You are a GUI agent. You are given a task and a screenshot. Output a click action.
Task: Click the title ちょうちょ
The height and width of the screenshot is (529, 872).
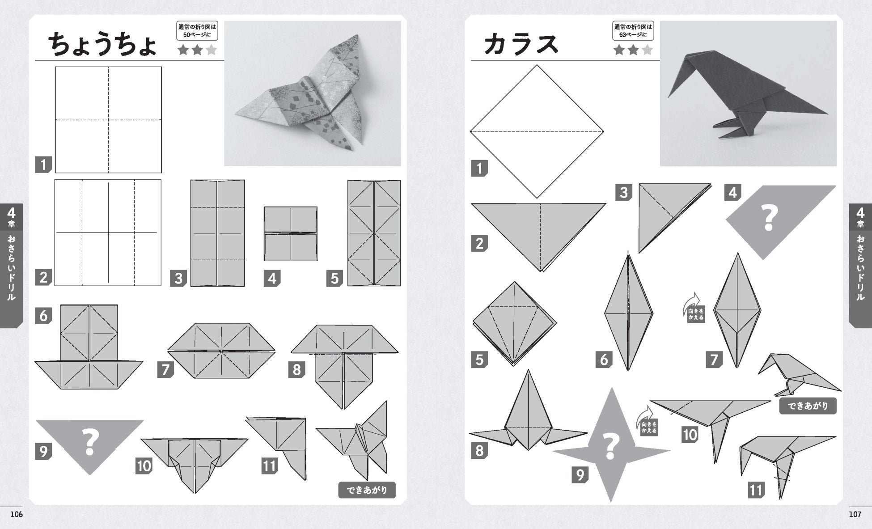click(x=102, y=44)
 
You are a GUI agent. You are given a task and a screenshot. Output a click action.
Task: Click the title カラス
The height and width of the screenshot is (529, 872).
click(x=521, y=44)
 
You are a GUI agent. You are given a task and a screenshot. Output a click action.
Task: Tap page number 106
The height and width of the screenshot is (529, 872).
click(x=17, y=514)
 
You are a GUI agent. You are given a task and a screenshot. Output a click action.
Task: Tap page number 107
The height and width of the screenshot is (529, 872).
click(x=855, y=514)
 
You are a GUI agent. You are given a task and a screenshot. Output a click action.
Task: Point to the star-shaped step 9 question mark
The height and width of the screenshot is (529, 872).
click(x=610, y=446)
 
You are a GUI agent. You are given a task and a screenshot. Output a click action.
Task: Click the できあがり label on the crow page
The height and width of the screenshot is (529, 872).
click(x=808, y=406)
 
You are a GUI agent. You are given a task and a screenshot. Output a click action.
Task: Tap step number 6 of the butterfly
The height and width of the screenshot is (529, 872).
click(x=43, y=316)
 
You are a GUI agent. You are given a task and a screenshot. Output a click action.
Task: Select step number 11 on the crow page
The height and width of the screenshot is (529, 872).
click(x=756, y=490)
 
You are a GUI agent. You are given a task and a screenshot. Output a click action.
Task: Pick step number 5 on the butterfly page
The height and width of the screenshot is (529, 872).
click(x=334, y=278)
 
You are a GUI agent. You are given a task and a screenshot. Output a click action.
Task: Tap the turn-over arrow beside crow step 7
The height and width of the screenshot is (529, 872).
click(x=693, y=307)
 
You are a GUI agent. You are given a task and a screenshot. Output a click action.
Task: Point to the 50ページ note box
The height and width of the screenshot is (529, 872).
click(x=197, y=30)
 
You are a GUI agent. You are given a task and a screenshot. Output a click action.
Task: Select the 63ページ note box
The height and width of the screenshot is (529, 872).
click(x=633, y=30)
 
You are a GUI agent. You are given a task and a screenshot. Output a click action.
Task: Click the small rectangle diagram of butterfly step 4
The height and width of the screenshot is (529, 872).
click(x=291, y=233)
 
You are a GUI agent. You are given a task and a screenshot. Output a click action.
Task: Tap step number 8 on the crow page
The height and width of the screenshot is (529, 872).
click(x=479, y=450)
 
